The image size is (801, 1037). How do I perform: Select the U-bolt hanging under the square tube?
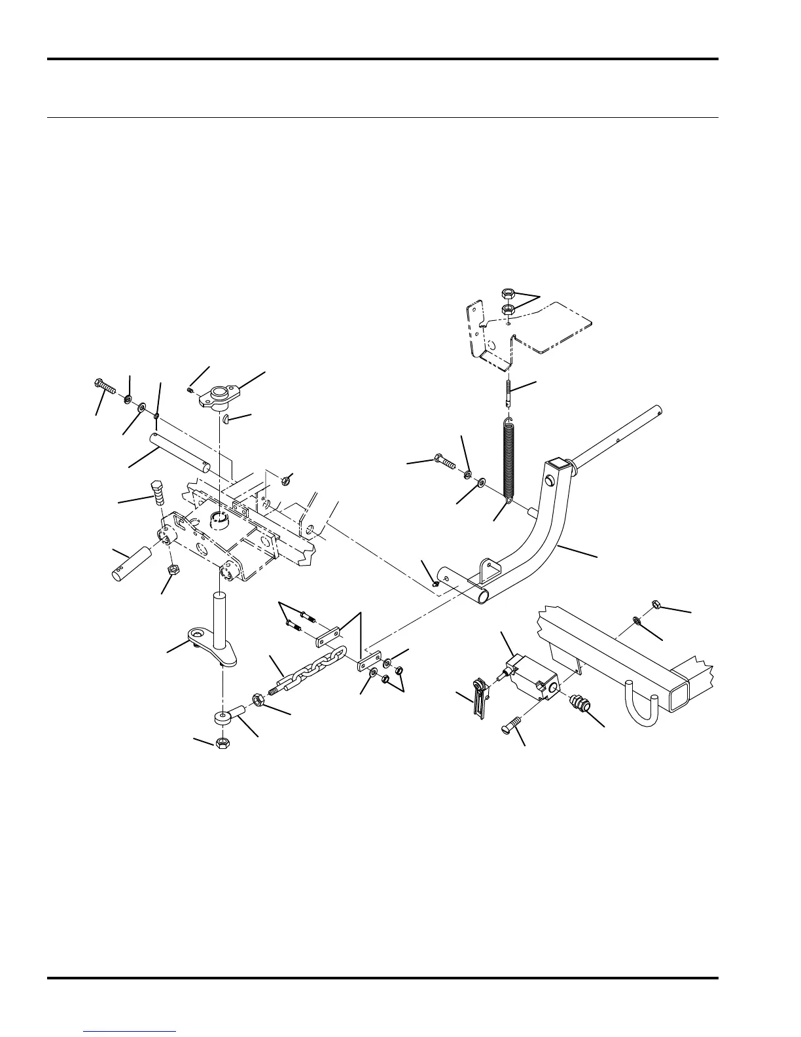(x=641, y=704)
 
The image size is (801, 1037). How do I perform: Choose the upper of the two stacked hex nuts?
(x=507, y=293)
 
